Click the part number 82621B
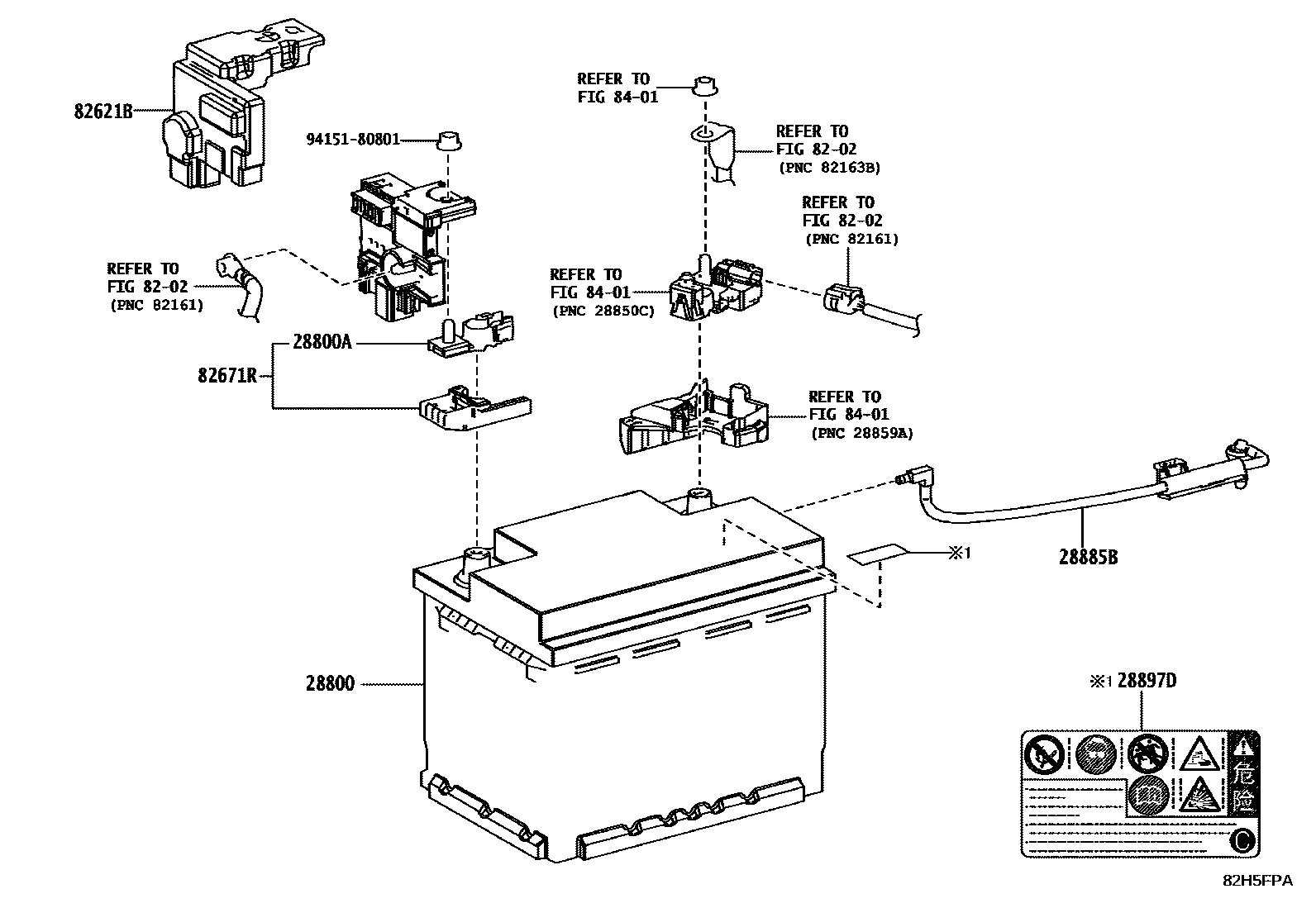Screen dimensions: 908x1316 click(x=103, y=111)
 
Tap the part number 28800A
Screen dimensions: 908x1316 click(x=322, y=342)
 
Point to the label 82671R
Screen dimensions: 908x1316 click(x=226, y=376)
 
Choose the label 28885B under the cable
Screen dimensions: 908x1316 click(x=1089, y=557)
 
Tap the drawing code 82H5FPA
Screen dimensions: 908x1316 click(x=1257, y=881)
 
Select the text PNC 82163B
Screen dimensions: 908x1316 click(x=828, y=167)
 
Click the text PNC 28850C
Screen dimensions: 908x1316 click(x=602, y=311)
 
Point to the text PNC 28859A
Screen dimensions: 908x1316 click(x=861, y=432)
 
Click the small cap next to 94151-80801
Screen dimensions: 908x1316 click(x=448, y=140)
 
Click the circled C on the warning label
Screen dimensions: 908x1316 click(x=1242, y=841)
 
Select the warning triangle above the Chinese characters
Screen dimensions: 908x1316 click(x=1243, y=747)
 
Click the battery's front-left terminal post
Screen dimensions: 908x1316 click(x=477, y=560)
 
